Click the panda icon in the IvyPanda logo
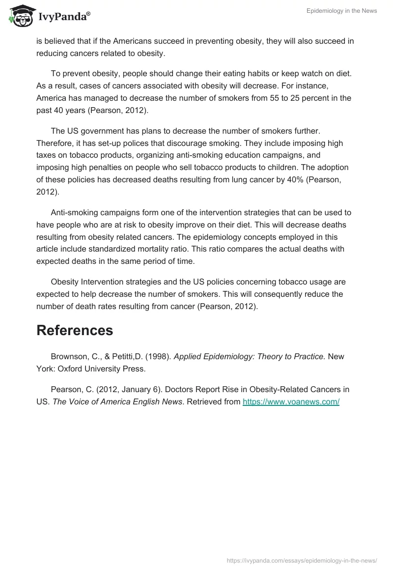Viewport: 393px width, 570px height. coord(20,16)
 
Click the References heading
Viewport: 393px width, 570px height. coord(75,330)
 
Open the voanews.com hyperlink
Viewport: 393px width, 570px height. coord(291,401)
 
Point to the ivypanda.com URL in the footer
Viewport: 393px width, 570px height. coord(302,560)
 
